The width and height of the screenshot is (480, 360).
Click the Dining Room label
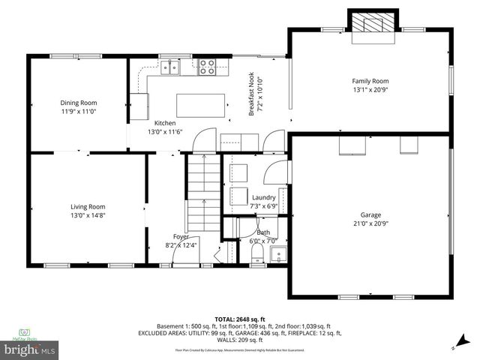(79, 103)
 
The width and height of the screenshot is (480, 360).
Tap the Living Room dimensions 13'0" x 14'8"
(88, 215)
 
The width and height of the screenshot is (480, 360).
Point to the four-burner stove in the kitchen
(207, 68)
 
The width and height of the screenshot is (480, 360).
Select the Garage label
(370, 214)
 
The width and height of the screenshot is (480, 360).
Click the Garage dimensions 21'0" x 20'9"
(370, 223)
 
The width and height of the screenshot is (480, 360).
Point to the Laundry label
(264, 197)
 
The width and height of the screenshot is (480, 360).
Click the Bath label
(263, 232)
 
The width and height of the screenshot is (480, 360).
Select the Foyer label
(181, 236)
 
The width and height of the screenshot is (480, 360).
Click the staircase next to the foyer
(202, 191)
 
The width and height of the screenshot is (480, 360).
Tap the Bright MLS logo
(30, 349)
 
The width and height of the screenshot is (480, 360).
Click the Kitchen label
(165, 123)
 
